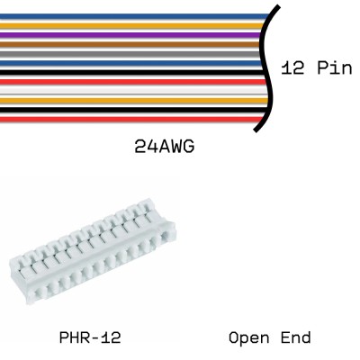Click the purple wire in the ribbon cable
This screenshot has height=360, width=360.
pyautogui.click(x=135, y=33)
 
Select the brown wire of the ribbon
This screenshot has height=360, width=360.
pyautogui.click(x=135, y=42)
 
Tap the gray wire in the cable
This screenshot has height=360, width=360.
pyautogui.click(x=135, y=52)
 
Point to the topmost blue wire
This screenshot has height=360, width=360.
pyautogui.click(x=135, y=14)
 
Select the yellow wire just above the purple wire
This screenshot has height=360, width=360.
pyautogui.click(x=135, y=24)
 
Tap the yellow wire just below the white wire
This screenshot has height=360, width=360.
pyautogui.click(x=135, y=100)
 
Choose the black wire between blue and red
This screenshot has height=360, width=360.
pyautogui.click(x=135, y=71)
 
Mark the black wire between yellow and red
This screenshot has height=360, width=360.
pyautogui.click(x=135, y=109)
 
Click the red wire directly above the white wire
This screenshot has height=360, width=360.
pyautogui.click(x=135, y=81)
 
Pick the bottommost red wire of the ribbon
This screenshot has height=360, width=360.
pyautogui.click(x=135, y=119)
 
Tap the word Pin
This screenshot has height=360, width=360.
pyautogui.click(x=334, y=69)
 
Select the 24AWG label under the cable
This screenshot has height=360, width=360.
pyautogui.click(x=165, y=145)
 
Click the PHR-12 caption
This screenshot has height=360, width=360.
pyautogui.click(x=89, y=338)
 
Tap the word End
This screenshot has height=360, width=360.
pyautogui.click(x=295, y=338)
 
